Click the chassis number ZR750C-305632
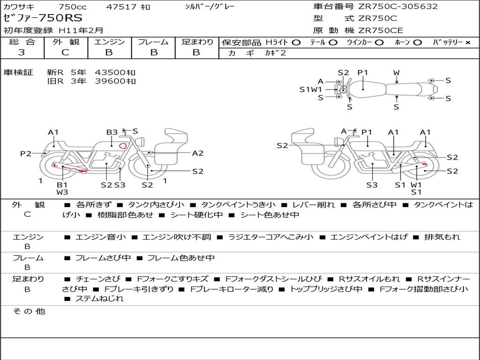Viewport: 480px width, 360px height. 398,7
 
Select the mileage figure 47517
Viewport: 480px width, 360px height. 121,7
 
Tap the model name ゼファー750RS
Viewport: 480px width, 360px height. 43,18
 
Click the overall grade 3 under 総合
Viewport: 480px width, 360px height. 22,52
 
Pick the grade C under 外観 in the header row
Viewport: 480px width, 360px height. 65,52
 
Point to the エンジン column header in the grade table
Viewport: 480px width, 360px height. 109,42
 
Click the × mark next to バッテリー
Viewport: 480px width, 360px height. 468,43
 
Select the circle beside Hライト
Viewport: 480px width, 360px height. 296,43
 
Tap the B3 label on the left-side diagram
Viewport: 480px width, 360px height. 112,132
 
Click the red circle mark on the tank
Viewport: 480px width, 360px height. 123,146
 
